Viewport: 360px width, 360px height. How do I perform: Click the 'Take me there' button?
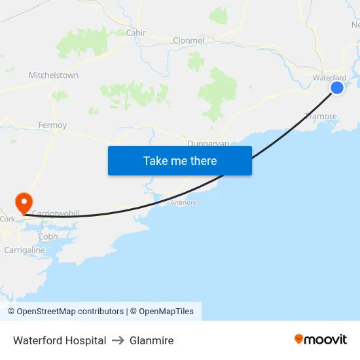tap(180, 160)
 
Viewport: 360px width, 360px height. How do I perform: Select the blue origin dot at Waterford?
tap(337, 87)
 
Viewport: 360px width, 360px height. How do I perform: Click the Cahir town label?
tap(135, 32)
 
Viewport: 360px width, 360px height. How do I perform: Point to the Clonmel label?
tap(189, 41)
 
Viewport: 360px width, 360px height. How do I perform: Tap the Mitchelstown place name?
tap(54, 75)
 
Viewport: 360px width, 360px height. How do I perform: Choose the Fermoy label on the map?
tap(52, 125)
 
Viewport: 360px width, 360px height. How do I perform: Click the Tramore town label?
tap(321, 117)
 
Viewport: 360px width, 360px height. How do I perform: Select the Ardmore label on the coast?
tap(183, 203)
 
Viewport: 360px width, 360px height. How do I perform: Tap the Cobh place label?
tap(48, 236)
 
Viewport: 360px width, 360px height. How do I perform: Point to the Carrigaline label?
tap(25, 250)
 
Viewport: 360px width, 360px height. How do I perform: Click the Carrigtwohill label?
tap(56, 214)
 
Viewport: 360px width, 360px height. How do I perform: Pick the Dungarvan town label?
tap(208, 143)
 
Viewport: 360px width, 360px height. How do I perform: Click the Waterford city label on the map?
tap(329, 78)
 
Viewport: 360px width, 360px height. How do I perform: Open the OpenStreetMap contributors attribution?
tap(70, 312)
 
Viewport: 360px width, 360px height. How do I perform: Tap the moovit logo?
tap(321, 340)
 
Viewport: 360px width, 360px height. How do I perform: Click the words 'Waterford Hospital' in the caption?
tap(60, 340)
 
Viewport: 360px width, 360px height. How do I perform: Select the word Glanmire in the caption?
tap(151, 340)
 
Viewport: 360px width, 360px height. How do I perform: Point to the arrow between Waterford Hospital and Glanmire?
tap(118, 340)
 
